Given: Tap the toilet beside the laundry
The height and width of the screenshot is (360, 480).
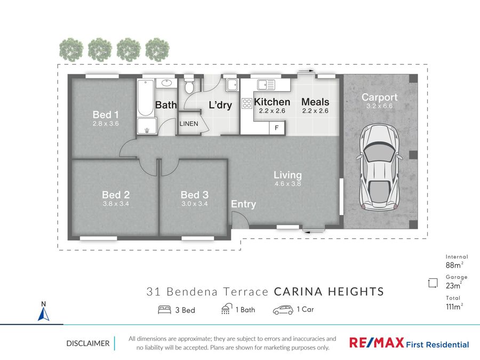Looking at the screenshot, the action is pyautogui.click(x=189, y=85).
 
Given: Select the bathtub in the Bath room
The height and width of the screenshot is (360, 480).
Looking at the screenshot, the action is pyautogui.click(x=146, y=98).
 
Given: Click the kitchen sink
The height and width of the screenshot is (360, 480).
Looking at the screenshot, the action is pyautogui.click(x=266, y=84).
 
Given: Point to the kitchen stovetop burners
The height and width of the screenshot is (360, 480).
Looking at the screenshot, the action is pyautogui.click(x=247, y=103).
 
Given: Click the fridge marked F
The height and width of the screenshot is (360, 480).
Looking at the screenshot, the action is pyautogui.click(x=277, y=127).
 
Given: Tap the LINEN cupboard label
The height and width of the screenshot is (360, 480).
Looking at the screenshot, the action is pyautogui.click(x=189, y=124).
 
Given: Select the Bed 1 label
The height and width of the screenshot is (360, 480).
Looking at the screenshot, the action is pyautogui.click(x=106, y=115).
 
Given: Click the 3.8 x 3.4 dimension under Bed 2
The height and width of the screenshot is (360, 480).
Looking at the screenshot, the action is pyautogui.click(x=116, y=204).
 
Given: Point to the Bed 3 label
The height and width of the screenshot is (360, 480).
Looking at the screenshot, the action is pyautogui.click(x=195, y=195).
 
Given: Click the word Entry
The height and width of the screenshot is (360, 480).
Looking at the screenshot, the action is pyautogui.click(x=243, y=204).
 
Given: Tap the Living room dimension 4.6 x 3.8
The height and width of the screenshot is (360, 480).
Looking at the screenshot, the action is pyautogui.click(x=288, y=183).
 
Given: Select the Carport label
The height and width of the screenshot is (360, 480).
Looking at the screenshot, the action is pyautogui.click(x=380, y=97).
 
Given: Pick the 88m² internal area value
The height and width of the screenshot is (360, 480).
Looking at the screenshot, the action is pyautogui.click(x=454, y=265).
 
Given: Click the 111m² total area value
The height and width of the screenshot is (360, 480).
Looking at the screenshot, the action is pyautogui.click(x=454, y=307).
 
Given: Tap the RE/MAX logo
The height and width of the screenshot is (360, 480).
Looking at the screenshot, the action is pyautogui.click(x=376, y=342).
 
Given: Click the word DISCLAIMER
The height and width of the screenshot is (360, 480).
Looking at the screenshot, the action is pyautogui.click(x=88, y=343).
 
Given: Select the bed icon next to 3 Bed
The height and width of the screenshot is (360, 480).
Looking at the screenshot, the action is pyautogui.click(x=164, y=310).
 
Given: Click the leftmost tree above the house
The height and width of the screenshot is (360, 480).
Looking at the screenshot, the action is pyautogui.click(x=71, y=50).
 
